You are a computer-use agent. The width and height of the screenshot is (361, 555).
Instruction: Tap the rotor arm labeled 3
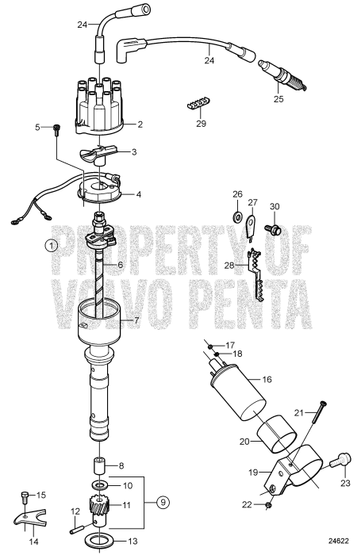click(99, 151)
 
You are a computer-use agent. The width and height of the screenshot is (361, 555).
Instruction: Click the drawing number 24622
click(338, 542)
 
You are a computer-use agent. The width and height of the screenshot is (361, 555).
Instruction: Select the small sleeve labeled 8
click(102, 465)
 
